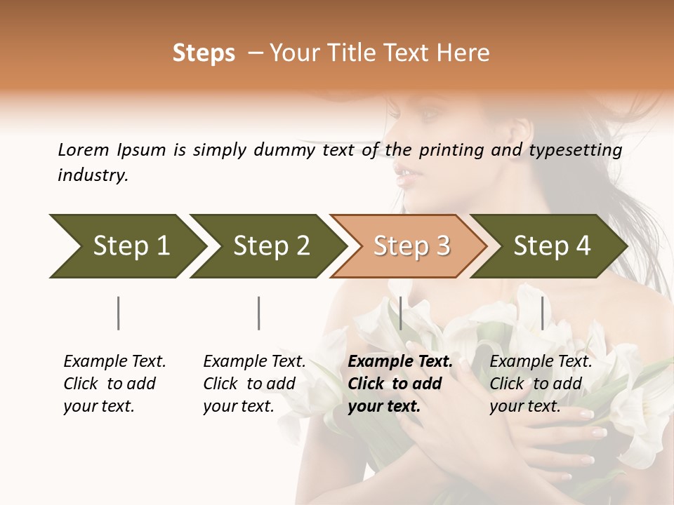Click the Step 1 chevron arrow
126,246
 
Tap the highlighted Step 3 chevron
411,246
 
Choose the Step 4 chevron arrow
551,246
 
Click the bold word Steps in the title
204,53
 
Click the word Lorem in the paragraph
83,149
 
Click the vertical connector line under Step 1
119,313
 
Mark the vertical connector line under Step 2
259,313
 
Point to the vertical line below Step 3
400,313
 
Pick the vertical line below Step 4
542,313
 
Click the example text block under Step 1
114,384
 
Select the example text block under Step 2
254,384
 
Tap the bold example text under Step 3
400,384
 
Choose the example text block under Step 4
541,384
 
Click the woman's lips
408,175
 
